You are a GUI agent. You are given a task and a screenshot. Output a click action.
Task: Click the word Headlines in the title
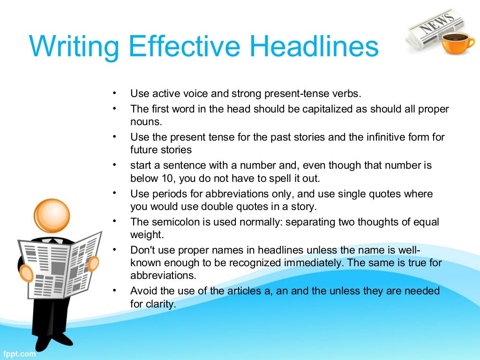[x=314, y=47]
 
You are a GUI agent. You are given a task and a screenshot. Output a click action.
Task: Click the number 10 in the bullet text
[x=163, y=178]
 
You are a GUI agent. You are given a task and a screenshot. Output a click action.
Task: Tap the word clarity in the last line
[x=160, y=304]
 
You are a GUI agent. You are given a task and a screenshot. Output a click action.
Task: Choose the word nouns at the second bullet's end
[x=146, y=122]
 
